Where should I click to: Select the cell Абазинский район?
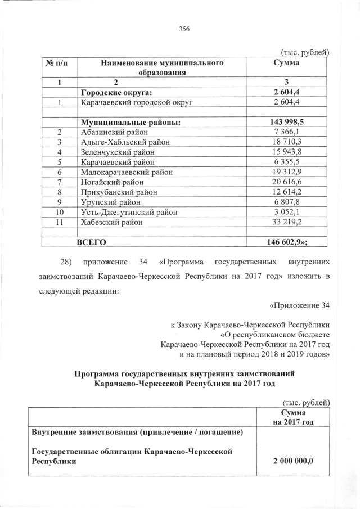point(113,132)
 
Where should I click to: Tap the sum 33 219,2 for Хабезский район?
point(287,222)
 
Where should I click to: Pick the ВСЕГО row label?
point(92,242)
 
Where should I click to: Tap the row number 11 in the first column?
point(58,222)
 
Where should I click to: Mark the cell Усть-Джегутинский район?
point(129,212)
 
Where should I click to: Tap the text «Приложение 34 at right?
point(299,305)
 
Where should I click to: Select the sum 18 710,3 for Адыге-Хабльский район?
point(287,142)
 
